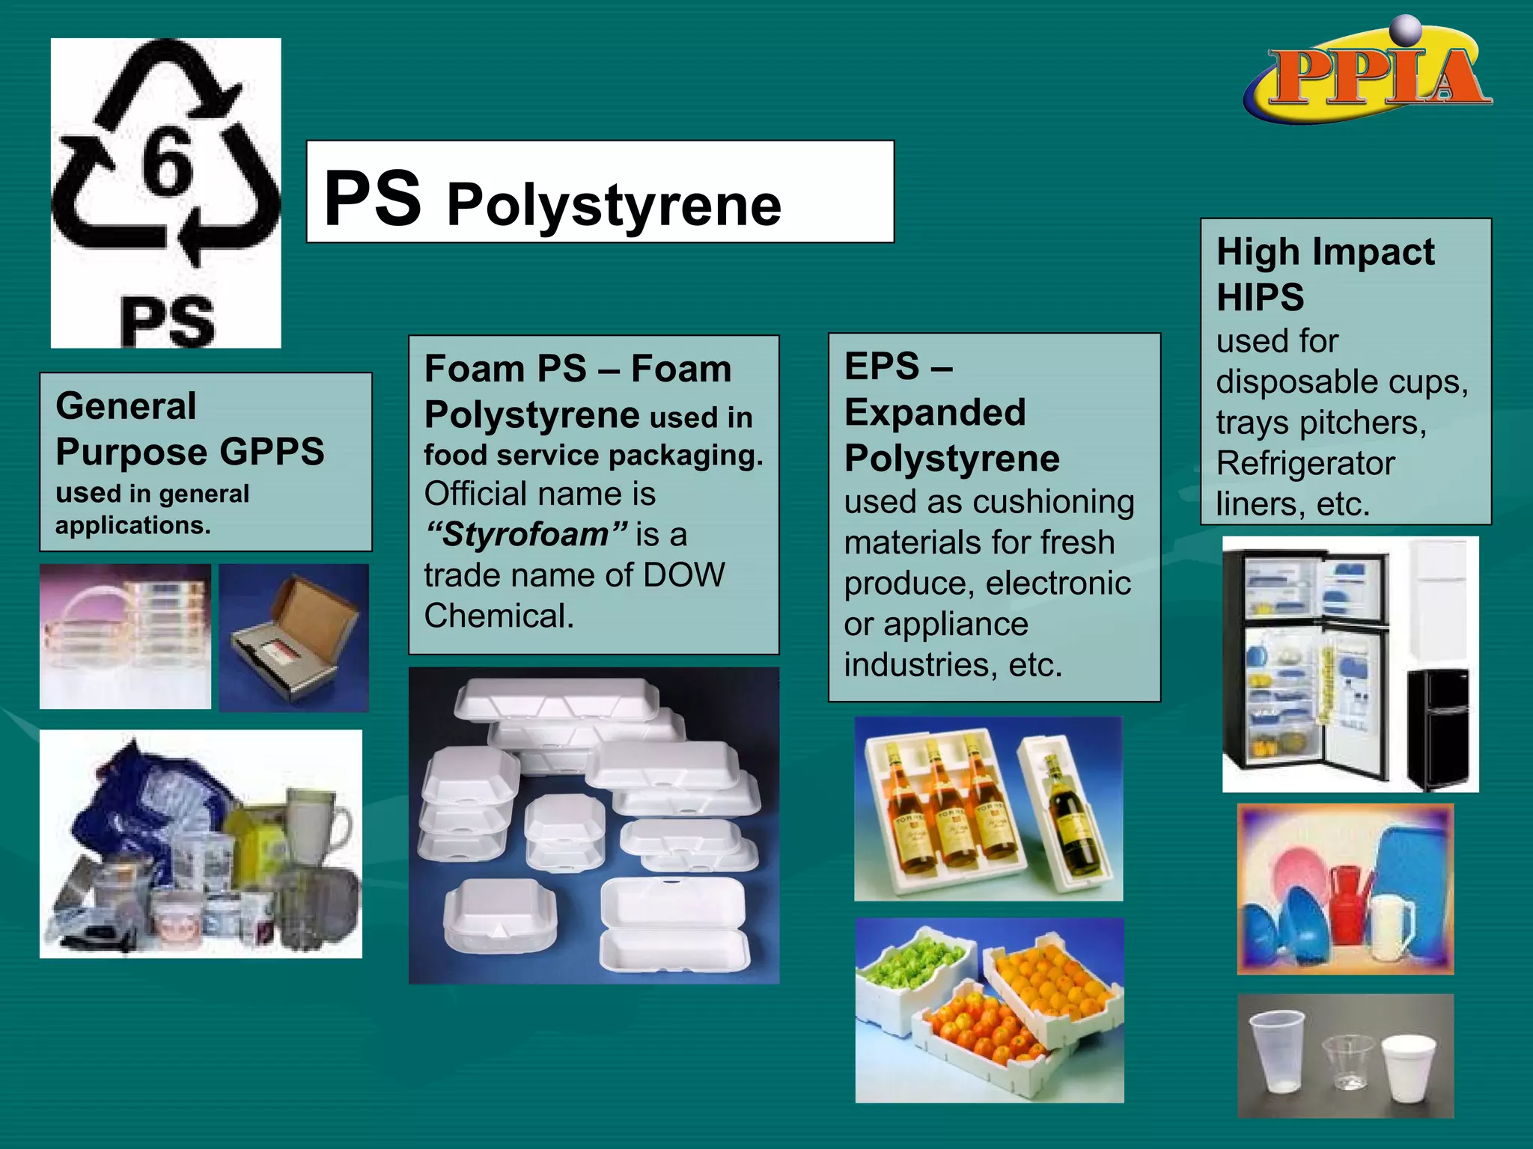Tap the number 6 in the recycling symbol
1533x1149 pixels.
pos(168,161)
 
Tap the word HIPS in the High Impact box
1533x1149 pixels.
pos(1260,297)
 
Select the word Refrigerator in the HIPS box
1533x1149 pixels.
pos(1305,464)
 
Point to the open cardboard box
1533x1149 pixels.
pos(296,636)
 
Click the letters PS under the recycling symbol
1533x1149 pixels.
pos(168,322)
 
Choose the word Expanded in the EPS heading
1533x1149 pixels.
pos(934,412)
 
